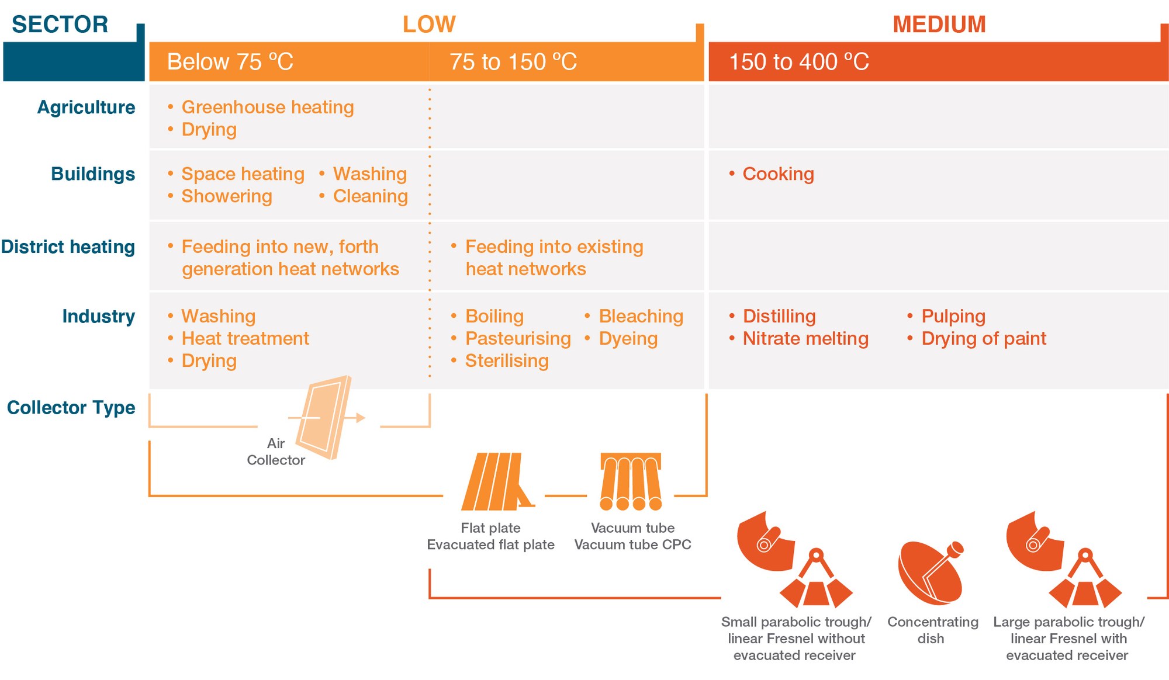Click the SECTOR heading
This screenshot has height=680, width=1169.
tap(60, 25)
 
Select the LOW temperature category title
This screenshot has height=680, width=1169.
tap(429, 25)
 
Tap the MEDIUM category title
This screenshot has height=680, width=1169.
tap(939, 25)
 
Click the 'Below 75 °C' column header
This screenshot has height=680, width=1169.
tap(230, 62)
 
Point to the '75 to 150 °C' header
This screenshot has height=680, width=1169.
tap(513, 62)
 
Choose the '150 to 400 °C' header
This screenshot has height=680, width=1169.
tap(799, 62)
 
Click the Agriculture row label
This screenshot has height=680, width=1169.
tap(86, 107)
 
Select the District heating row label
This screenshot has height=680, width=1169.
tap(68, 247)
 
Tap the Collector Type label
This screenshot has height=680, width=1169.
tap(71, 407)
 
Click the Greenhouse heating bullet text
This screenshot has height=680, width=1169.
tap(268, 107)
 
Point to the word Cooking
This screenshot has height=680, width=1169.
tap(778, 174)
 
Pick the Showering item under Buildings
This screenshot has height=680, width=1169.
tap(227, 196)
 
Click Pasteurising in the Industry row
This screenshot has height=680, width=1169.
tap(518, 339)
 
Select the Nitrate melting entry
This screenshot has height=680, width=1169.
tap(805, 339)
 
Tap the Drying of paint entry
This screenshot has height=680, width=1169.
tap(984, 339)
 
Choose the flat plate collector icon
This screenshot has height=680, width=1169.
tap(497, 481)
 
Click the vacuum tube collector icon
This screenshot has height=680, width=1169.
tap(631, 481)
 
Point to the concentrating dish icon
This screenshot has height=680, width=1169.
tap(931, 573)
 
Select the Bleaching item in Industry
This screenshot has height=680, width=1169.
tap(641, 317)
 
